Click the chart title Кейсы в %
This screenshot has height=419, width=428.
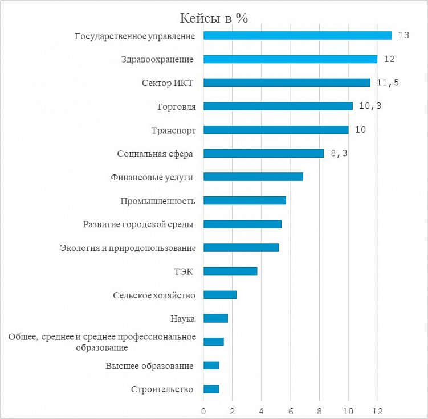[x=214, y=18]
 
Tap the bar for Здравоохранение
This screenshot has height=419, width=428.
[x=290, y=59]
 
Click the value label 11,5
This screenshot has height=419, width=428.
[x=388, y=83]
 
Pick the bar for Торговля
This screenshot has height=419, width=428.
[x=278, y=106]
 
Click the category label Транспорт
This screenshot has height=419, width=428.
[x=173, y=130]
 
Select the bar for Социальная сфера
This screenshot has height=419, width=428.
[x=263, y=153]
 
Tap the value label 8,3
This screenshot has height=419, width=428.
[x=338, y=154]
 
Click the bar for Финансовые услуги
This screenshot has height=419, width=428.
[x=253, y=176]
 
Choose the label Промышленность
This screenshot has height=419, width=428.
[x=158, y=201]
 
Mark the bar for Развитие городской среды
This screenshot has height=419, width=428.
[x=242, y=224]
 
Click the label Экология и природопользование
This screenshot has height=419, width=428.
[x=128, y=248]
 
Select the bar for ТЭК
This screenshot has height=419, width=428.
[x=230, y=271]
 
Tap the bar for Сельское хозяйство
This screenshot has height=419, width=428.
[x=220, y=295]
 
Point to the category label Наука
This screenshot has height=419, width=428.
[x=183, y=318]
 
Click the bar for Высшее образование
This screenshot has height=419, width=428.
[x=211, y=365]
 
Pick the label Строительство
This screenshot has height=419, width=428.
[x=162, y=389]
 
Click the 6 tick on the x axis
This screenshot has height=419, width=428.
[x=291, y=411]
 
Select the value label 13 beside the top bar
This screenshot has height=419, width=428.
[x=404, y=35]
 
